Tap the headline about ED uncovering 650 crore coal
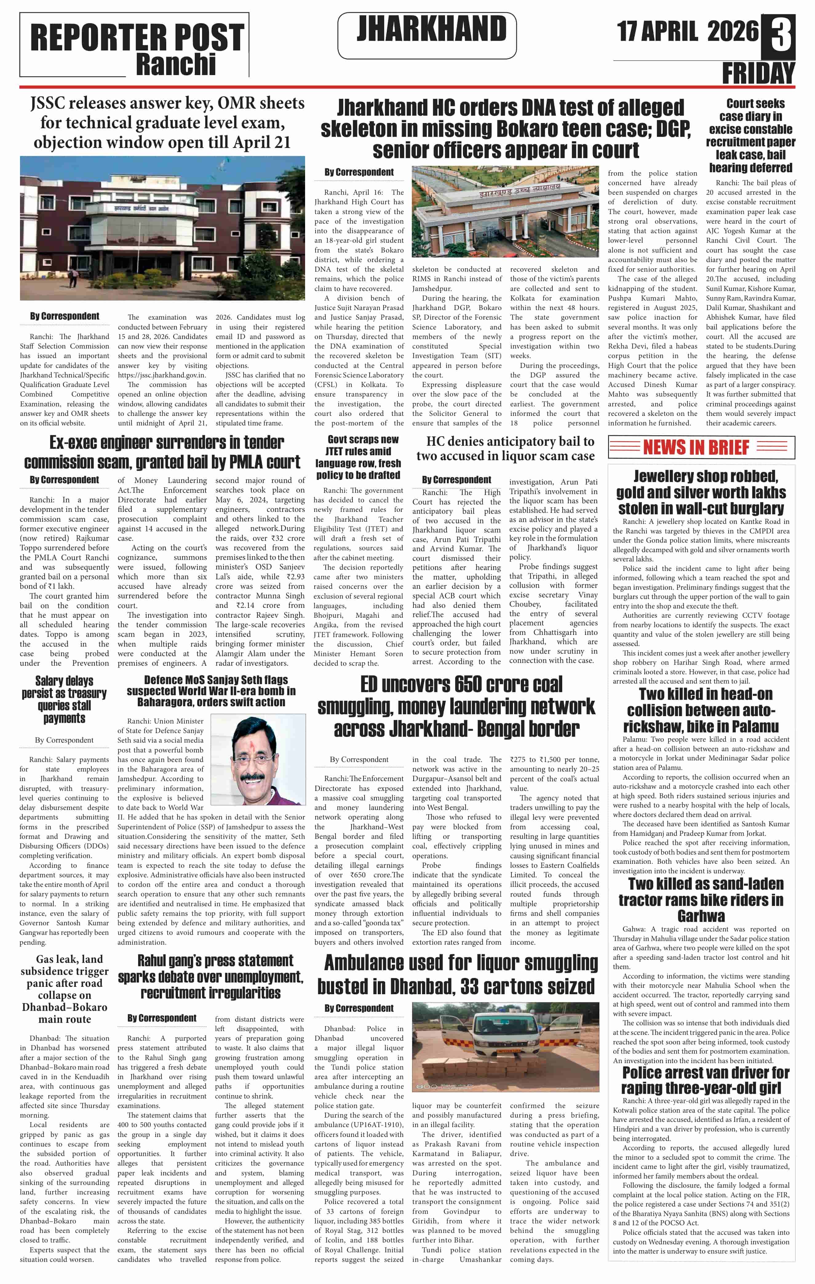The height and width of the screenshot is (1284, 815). (x=456, y=707)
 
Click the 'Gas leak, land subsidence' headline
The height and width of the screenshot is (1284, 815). (x=65, y=989)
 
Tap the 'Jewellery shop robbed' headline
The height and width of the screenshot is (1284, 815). (x=701, y=492)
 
